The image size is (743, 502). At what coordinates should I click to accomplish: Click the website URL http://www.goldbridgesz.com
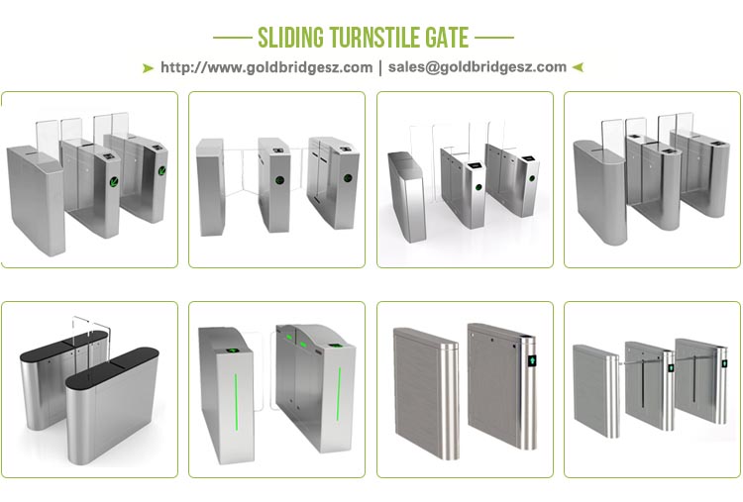(x=266, y=67)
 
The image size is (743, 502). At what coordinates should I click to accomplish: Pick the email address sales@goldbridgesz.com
(x=478, y=67)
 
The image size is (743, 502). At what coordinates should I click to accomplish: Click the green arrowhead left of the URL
(x=148, y=68)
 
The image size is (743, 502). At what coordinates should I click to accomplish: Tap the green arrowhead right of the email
(x=578, y=67)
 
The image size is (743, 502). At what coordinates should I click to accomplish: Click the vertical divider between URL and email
(x=380, y=67)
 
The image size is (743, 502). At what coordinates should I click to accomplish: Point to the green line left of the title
(x=232, y=38)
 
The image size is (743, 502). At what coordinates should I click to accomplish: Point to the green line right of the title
(x=494, y=38)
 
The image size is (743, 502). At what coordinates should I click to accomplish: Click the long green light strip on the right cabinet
(x=339, y=394)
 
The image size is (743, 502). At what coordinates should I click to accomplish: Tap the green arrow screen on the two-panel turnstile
(x=532, y=360)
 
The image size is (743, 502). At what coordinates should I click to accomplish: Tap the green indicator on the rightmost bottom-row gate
(x=724, y=363)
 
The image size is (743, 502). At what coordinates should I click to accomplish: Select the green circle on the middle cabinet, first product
(x=114, y=181)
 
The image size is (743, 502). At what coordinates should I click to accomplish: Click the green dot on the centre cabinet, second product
(x=279, y=180)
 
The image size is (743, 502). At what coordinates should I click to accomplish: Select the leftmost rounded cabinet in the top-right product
(x=599, y=192)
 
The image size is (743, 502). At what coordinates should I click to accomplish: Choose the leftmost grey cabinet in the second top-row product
(x=210, y=187)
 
